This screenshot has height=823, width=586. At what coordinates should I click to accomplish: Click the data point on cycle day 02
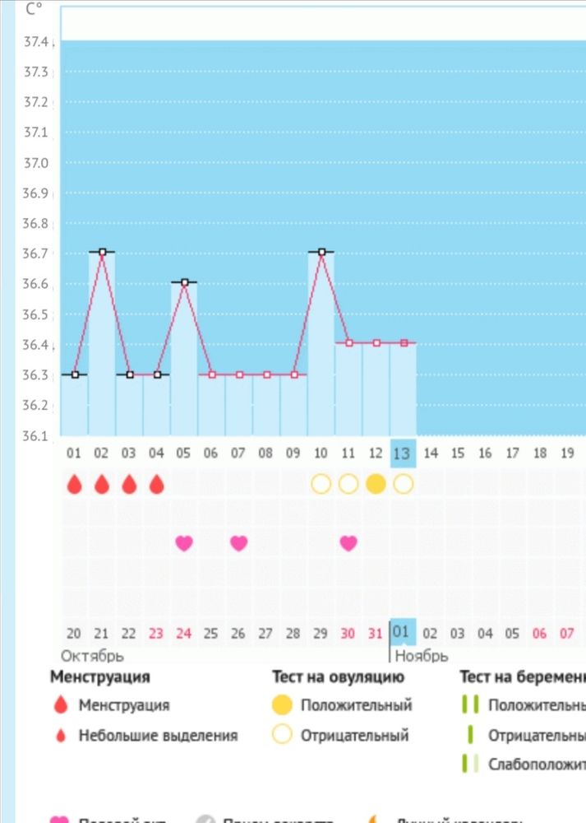(102, 252)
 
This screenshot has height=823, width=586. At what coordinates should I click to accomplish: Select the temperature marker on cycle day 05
(184, 282)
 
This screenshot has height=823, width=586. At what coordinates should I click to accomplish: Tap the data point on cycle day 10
(321, 252)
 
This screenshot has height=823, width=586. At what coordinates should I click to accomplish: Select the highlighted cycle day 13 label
(402, 453)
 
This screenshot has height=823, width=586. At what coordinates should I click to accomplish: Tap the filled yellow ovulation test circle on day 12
(376, 484)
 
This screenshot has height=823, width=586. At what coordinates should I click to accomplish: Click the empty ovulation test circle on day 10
(321, 484)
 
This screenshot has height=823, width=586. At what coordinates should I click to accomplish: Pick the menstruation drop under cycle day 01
(75, 484)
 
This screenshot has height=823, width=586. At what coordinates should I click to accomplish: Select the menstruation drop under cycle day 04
(157, 484)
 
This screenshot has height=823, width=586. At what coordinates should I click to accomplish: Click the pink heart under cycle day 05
(184, 542)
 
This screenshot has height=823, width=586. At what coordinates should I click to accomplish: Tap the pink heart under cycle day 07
(238, 542)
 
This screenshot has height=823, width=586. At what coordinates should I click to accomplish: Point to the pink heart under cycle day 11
(348, 542)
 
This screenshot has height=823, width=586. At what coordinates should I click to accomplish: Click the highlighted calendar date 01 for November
(402, 632)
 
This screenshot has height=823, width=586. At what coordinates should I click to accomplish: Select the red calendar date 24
(184, 634)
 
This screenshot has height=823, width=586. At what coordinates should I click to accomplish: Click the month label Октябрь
(93, 656)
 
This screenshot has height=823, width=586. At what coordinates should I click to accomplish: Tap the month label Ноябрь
(421, 656)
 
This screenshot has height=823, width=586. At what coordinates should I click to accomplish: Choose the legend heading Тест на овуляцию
(338, 677)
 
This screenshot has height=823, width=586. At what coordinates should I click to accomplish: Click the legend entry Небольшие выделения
(158, 735)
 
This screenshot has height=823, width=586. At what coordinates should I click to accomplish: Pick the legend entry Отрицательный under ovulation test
(354, 735)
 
